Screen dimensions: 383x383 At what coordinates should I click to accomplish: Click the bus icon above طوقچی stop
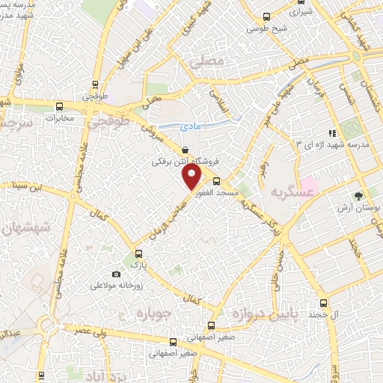[x=95, y=85]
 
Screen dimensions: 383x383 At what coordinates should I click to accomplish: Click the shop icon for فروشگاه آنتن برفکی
[x=185, y=150]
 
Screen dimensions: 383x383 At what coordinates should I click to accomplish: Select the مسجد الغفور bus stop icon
[x=216, y=181]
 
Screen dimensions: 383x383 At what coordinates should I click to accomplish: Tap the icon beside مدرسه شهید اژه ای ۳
[x=330, y=132]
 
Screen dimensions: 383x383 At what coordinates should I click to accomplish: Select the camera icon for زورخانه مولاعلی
[x=114, y=275]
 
